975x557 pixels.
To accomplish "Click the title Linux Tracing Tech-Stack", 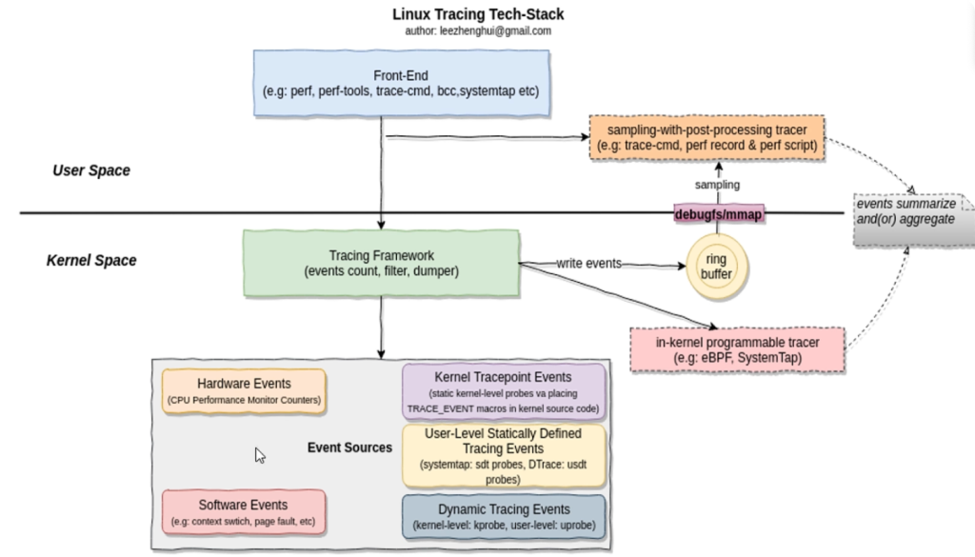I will (x=477, y=14).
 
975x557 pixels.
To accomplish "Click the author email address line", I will (x=477, y=30).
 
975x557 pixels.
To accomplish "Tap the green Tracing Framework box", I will (x=381, y=263).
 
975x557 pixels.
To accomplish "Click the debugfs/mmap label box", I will (x=720, y=214).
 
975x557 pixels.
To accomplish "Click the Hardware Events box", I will (x=244, y=390).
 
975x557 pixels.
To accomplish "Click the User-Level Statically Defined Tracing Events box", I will (x=503, y=455).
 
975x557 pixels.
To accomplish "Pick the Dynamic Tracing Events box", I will (x=503, y=516).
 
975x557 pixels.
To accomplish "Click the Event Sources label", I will (x=349, y=448).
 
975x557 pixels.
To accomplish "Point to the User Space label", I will (x=91, y=170).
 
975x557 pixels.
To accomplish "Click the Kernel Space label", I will (x=91, y=260).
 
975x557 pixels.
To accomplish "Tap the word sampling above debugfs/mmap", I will (x=717, y=186).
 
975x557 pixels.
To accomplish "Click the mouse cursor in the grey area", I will (x=259, y=454).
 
